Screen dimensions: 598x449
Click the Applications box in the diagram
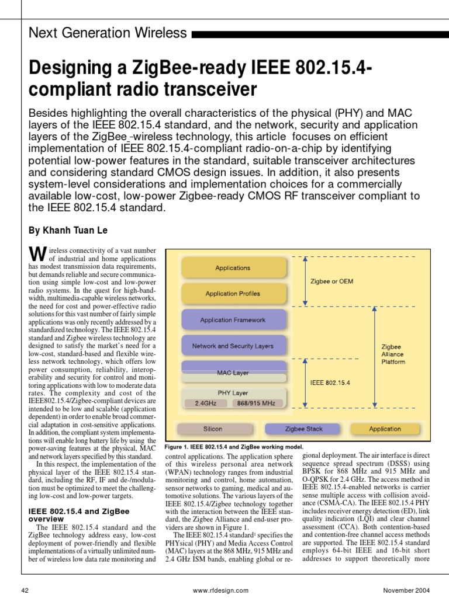233,268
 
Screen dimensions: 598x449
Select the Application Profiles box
233,294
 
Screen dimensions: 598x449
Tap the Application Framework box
233,320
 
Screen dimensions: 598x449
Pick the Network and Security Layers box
233,346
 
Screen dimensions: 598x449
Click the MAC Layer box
233,371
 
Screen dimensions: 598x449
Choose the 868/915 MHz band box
257,403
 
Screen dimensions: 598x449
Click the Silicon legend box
213,429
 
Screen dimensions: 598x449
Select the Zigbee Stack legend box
303,429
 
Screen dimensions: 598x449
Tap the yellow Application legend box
385,429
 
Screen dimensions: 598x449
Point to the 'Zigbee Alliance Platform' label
392,354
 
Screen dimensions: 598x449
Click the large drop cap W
37,253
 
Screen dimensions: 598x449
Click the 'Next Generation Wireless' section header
108,33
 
